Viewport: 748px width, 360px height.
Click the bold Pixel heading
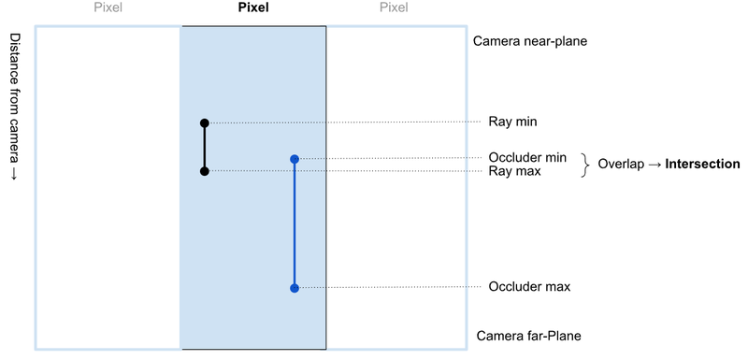pos(252,8)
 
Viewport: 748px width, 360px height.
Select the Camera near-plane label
pos(529,42)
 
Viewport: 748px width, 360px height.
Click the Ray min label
pos(512,122)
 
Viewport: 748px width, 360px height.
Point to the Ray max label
pos(513,171)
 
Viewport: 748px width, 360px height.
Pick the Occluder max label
pos(528,286)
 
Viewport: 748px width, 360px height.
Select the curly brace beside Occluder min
pos(586,165)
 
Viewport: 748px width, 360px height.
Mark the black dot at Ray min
pos(204,122)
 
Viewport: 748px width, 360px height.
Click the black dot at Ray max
pos(204,171)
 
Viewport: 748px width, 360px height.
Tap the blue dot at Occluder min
pos(295,159)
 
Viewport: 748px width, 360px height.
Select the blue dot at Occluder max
pos(295,288)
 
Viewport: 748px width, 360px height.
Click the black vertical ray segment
pos(204,147)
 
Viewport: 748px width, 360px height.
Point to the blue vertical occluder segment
pos(295,224)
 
